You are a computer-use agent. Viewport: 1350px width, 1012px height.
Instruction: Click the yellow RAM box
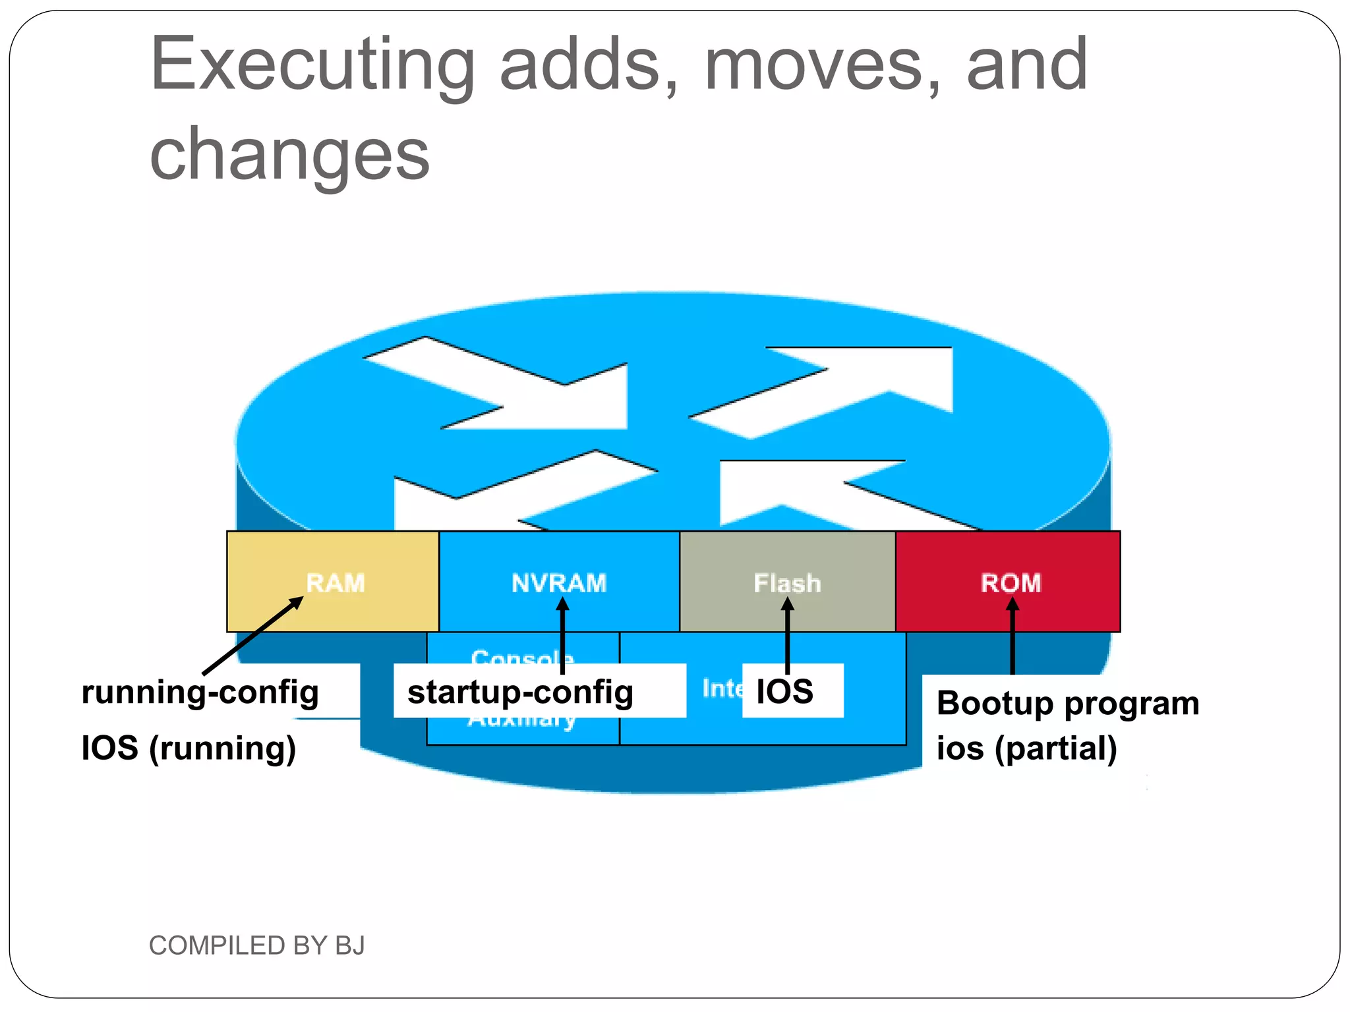(333, 582)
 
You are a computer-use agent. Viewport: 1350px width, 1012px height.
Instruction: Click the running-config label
(200, 692)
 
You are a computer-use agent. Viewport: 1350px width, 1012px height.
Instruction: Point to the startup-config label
(520, 692)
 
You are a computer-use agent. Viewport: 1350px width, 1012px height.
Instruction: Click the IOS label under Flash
(784, 691)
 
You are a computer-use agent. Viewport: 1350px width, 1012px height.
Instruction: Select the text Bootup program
(1067, 703)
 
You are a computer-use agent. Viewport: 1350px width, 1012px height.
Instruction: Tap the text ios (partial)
(1026, 748)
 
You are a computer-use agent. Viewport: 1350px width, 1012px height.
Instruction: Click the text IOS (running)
(189, 748)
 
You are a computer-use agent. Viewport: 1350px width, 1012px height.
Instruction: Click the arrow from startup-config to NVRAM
(562, 636)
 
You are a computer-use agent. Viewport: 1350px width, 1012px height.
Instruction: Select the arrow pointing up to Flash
(787, 636)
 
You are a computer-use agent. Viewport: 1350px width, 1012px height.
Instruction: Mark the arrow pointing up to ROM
(1012, 636)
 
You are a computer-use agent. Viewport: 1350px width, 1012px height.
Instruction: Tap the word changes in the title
(290, 154)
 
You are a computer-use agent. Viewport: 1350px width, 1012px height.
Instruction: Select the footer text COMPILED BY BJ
(256, 945)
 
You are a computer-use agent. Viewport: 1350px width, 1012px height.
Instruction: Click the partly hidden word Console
(522, 656)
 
